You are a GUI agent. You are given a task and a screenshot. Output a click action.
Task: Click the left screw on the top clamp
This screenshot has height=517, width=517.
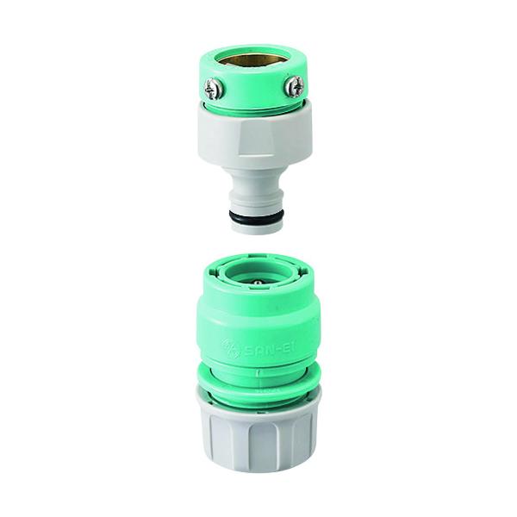213,87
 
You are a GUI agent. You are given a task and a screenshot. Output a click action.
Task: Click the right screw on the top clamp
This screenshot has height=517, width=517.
293,85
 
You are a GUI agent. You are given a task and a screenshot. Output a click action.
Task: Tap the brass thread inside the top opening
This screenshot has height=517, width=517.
252,59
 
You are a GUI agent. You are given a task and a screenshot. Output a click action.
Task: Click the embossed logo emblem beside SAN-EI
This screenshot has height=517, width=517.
230,347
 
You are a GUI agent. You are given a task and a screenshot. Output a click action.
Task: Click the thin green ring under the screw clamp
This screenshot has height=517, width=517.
252,108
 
